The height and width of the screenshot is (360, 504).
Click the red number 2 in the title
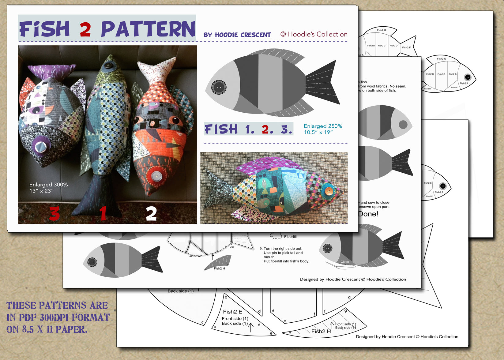tap(85, 30)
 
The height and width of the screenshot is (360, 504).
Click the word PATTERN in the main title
tap(148, 29)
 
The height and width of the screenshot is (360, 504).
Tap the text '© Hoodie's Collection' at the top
tap(314, 34)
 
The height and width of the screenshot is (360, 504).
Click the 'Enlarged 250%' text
tap(323, 126)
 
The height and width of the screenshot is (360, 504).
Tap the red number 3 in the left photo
tap(54, 213)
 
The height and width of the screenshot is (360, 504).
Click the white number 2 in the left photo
tap(151, 213)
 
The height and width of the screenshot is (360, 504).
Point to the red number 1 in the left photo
tap(103, 213)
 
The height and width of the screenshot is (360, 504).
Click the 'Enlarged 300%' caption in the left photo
tap(48, 185)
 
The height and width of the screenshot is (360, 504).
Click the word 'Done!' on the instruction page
tap(368, 214)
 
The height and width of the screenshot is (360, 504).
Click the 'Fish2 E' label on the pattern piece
tap(232, 312)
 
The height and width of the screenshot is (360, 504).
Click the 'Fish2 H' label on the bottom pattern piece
tap(321, 331)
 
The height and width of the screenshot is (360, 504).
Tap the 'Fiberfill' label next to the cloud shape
tap(290, 237)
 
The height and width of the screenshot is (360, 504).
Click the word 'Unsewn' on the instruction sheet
tap(195, 256)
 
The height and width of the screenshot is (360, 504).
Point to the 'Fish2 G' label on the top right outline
tap(381, 30)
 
